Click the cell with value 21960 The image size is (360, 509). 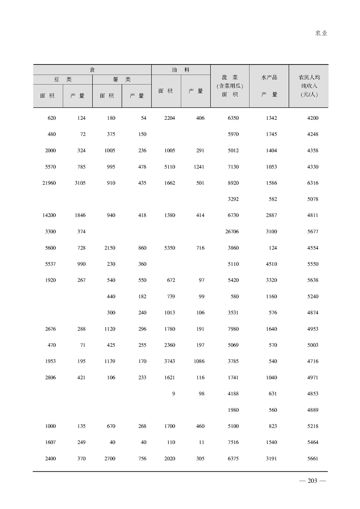click(x=49, y=183)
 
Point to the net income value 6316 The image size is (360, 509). click(x=312, y=183)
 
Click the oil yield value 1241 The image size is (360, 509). click(x=198, y=167)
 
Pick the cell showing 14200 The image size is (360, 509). click(x=49, y=215)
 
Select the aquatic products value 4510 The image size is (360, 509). click(x=271, y=264)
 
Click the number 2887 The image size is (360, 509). click(x=271, y=215)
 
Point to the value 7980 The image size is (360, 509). click(x=232, y=329)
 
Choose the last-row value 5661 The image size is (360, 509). click(x=312, y=459)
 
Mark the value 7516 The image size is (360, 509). click(x=232, y=442)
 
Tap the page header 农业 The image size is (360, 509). click(x=321, y=33)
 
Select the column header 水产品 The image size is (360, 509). click(x=269, y=78)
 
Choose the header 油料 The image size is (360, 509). click(x=181, y=70)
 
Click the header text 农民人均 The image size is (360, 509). click(x=309, y=78)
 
